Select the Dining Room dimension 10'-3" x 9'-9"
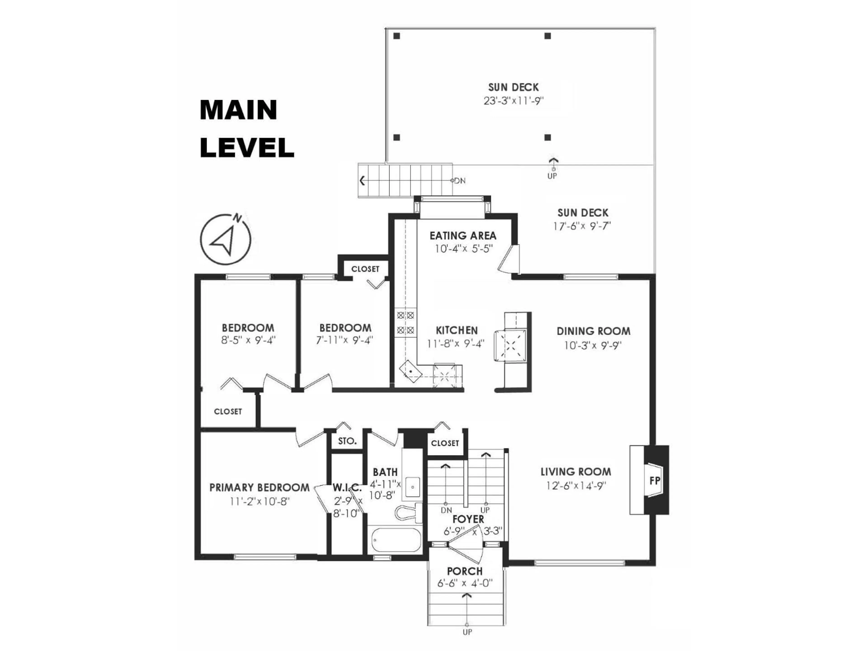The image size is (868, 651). tap(593, 346)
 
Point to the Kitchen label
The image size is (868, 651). tap(457, 330)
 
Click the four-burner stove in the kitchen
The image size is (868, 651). tap(405, 322)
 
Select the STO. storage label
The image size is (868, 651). tap(347, 441)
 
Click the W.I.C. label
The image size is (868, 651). tap(347, 488)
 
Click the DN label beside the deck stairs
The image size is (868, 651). tap(460, 181)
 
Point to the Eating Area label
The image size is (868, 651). tap(463, 236)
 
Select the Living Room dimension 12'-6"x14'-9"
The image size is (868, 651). tap(576, 486)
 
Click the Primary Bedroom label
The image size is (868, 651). tap(259, 488)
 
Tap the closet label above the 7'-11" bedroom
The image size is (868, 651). tap(365, 269)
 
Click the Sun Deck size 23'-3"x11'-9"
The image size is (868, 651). tap(513, 101)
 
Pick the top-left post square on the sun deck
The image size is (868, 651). tap(397, 36)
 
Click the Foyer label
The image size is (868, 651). tap(468, 519)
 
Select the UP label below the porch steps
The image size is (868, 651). tap(467, 643)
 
